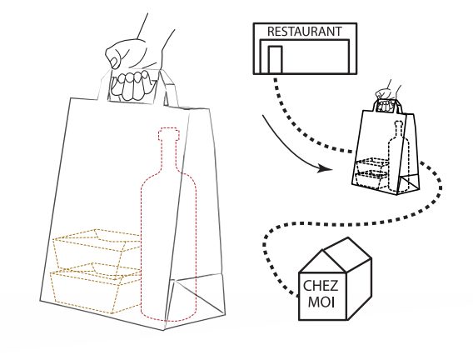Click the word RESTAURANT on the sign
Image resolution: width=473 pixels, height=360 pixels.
coord(305,32)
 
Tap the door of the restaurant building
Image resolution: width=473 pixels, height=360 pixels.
coord(275,59)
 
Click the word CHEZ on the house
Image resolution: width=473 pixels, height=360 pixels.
coord(321,286)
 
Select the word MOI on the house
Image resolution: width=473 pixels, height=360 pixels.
coord(321,302)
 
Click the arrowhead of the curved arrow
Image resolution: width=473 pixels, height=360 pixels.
coord(325,168)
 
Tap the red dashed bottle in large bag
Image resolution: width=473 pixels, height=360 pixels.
coord(168,229)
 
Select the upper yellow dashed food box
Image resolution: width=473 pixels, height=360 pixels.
coord(97,248)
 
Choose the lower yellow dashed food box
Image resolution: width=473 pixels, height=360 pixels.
coord(96,288)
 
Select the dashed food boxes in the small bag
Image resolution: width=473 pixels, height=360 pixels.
coord(371,172)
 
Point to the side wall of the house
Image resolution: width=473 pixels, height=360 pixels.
coord(359,289)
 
